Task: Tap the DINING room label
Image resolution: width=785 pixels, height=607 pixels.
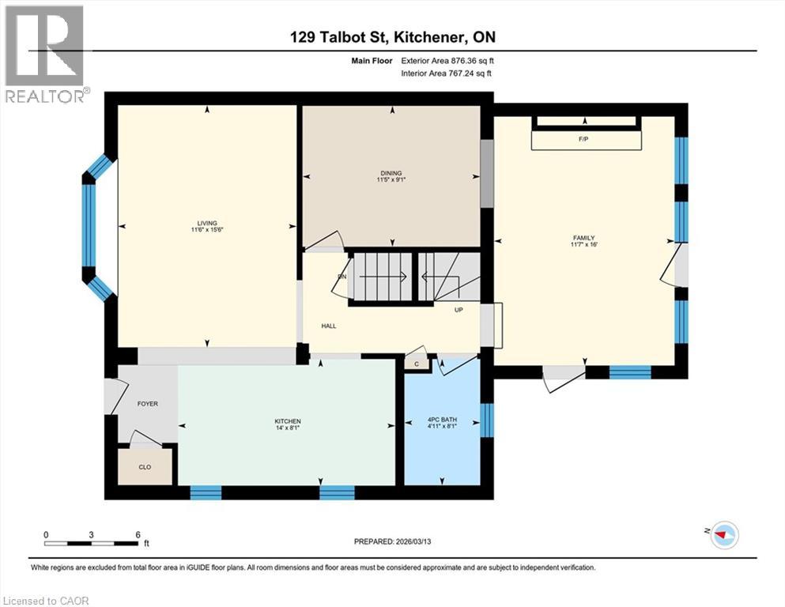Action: click(x=391, y=174)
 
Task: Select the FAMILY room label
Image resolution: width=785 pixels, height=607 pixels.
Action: click(x=584, y=238)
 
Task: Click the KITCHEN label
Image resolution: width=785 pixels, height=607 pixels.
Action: click(x=287, y=420)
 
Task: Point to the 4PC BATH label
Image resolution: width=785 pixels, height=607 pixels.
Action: click(x=442, y=420)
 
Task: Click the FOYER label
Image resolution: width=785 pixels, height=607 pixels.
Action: click(x=148, y=404)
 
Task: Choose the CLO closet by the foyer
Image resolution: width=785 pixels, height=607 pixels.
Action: click(x=145, y=467)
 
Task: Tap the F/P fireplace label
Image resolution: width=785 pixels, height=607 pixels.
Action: click(x=584, y=140)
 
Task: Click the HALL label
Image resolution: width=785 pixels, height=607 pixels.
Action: click(x=329, y=326)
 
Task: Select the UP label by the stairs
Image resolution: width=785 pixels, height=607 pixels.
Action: click(x=459, y=310)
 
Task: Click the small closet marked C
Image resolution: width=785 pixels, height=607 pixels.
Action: click(x=416, y=364)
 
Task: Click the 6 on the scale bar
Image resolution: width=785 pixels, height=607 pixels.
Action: click(x=138, y=534)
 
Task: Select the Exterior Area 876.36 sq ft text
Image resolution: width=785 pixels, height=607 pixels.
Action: click(x=448, y=61)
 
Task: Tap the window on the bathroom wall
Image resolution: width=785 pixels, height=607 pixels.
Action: click(x=487, y=420)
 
